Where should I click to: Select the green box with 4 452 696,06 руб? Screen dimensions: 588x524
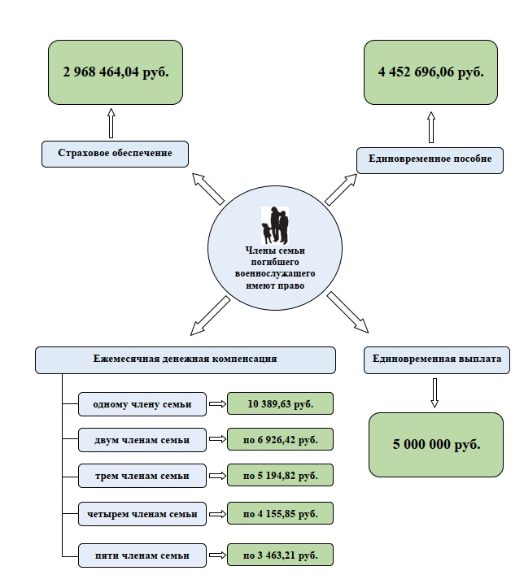(430, 72)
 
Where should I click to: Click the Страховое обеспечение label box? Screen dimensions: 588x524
(115, 154)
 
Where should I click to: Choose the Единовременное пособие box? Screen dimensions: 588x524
(430, 159)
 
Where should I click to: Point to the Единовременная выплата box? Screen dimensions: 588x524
(430, 359)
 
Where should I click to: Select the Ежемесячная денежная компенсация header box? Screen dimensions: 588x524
(186, 359)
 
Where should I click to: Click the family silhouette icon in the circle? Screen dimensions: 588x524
(276, 224)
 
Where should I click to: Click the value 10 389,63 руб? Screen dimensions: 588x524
(280, 403)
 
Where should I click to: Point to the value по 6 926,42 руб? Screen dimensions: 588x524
(280, 440)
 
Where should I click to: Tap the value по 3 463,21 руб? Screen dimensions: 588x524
(280, 555)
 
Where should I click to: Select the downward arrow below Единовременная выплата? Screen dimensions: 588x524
(434, 392)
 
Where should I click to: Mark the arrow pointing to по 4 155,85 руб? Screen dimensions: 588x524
(216, 514)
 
